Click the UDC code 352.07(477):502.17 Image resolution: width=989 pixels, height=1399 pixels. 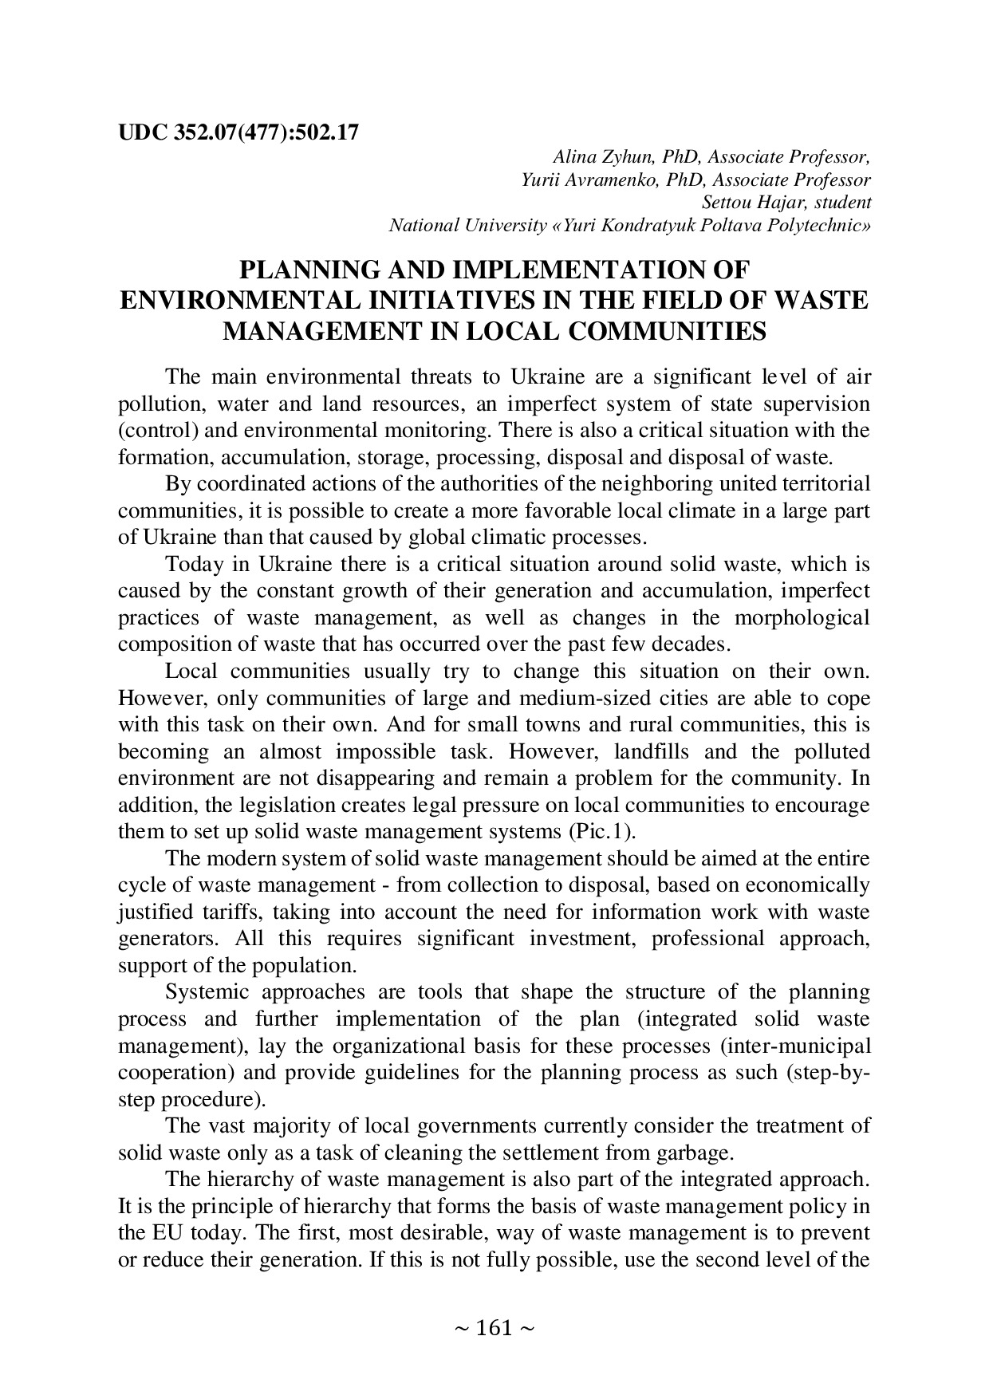point(262,132)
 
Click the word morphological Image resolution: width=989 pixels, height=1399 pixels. point(802,618)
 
